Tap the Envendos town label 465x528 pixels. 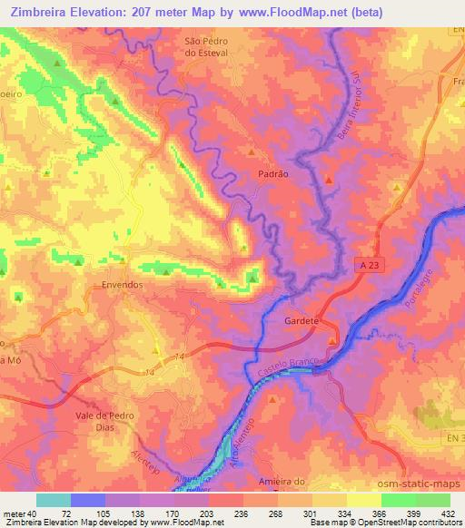point(119,284)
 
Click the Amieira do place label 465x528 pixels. point(300,481)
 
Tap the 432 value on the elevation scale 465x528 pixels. point(448,513)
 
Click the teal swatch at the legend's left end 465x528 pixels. point(54,500)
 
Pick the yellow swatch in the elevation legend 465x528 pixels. point(363,500)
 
